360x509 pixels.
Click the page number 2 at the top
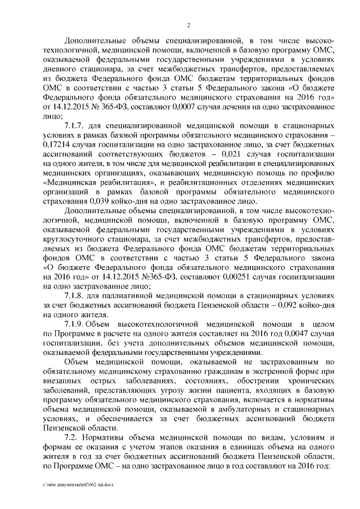pos(189,24)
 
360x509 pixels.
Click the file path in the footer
pos(78,484)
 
